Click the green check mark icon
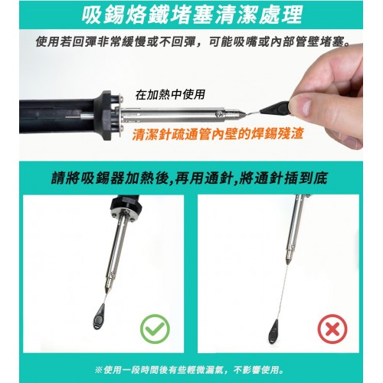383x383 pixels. (x=155, y=329)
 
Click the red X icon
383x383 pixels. (x=332, y=329)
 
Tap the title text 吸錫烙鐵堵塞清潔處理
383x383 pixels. (x=192, y=15)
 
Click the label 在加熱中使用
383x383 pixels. (x=170, y=94)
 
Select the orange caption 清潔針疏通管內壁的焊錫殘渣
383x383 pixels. (x=218, y=134)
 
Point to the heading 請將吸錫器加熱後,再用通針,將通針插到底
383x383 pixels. (x=189, y=178)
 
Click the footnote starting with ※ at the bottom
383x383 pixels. (x=189, y=370)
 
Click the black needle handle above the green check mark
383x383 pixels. (x=99, y=316)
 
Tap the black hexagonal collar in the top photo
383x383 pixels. (x=105, y=116)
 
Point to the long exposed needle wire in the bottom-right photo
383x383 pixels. (x=283, y=292)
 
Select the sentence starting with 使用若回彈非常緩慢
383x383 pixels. (x=193, y=42)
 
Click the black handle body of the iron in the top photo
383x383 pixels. (x=57, y=116)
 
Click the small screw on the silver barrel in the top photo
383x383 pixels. (x=218, y=113)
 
